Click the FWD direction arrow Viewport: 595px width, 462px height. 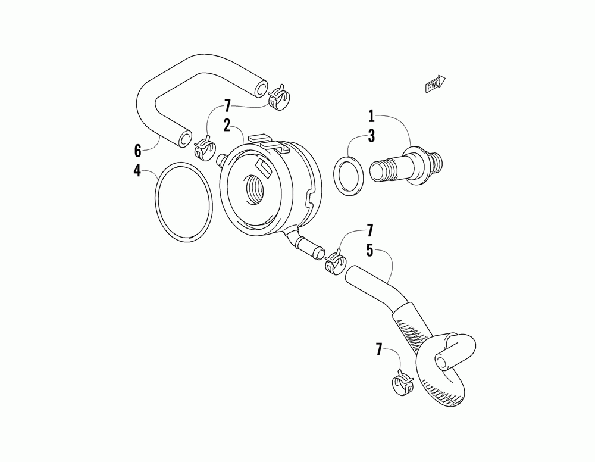(436, 85)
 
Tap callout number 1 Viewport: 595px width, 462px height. (371, 115)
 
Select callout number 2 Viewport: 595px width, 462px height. (227, 125)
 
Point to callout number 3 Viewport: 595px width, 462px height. (371, 136)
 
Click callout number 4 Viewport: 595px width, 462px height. (137, 171)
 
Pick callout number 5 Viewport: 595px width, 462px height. (369, 250)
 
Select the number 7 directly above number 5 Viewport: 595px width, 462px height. (369, 230)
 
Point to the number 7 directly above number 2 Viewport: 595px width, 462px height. (227, 107)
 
